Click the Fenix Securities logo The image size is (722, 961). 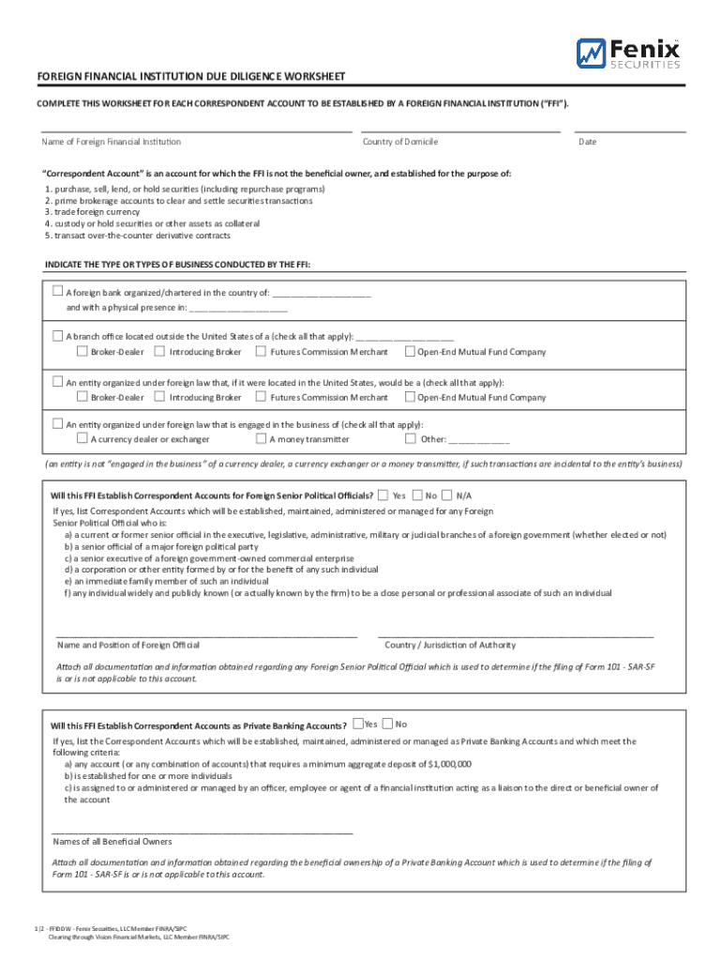click(x=628, y=53)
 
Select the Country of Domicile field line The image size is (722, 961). click(x=459, y=130)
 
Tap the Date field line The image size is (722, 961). click(x=629, y=130)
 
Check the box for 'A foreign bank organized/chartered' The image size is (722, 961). click(x=57, y=291)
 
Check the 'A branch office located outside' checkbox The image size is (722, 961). click(x=57, y=335)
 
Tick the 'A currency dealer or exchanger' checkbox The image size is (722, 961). click(x=83, y=438)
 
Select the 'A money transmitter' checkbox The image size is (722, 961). click(x=261, y=438)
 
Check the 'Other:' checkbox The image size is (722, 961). click(x=410, y=438)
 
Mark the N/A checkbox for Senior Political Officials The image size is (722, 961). click(x=446, y=495)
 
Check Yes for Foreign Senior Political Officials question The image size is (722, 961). click(x=384, y=495)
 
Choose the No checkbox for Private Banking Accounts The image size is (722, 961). click(x=387, y=724)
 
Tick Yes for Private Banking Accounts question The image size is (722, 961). click(x=357, y=724)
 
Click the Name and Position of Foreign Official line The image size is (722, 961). click(x=206, y=636)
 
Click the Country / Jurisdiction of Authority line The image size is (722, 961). click(x=515, y=636)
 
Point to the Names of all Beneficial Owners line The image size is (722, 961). click(x=203, y=832)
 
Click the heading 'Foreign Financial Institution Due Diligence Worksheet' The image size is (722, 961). click(x=190, y=76)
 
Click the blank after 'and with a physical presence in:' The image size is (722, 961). click(x=238, y=308)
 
